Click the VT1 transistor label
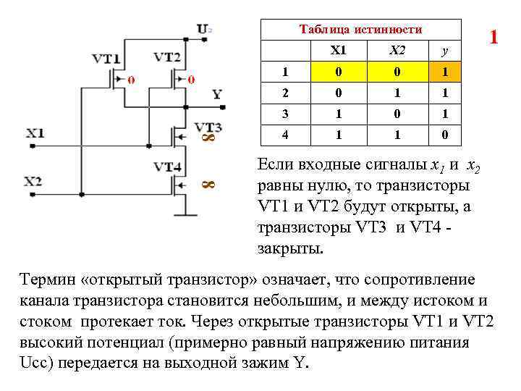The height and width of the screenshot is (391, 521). click(106, 59)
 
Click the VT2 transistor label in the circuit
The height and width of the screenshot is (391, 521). click(168, 57)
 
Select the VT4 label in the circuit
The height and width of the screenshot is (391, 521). click(167, 167)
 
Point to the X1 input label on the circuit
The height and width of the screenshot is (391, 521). click(35, 133)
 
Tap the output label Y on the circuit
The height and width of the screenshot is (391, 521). click(217, 94)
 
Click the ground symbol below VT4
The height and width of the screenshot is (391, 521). click(187, 213)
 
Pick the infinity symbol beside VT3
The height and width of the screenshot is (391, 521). click(204, 138)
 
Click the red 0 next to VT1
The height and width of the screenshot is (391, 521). click(130, 80)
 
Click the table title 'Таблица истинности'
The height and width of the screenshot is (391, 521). click(360, 29)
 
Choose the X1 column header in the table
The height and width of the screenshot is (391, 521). click(338, 50)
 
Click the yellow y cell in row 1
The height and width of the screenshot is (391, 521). click(444, 72)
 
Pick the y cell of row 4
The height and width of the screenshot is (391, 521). click(444, 135)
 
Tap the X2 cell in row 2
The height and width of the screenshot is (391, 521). click(392, 93)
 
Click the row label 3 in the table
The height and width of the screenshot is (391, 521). click(285, 114)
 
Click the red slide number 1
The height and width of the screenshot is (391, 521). click(494, 37)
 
